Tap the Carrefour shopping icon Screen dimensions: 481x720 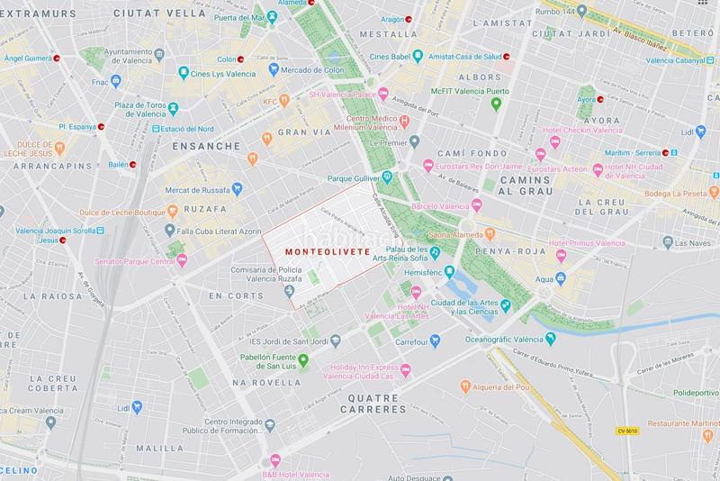[435, 340]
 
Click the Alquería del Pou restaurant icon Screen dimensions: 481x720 [465, 386]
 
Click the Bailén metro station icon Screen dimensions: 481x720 [132, 164]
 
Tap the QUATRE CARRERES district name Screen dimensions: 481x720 [374, 408]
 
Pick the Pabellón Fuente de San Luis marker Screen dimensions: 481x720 [303, 360]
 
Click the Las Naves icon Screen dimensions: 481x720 [667, 242]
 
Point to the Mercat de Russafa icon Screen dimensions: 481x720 [237, 188]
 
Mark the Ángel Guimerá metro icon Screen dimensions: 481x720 [58, 58]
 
